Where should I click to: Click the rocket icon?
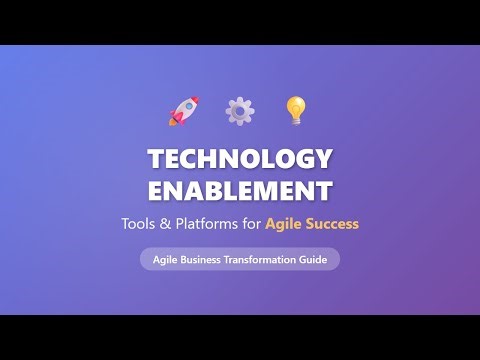point(184,110)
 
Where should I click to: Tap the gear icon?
point(240,110)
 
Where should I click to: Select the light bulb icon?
point(295,109)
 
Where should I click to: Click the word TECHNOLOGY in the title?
point(240,159)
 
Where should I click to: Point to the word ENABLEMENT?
point(240,190)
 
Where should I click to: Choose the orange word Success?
point(333,224)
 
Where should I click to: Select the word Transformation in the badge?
point(265,259)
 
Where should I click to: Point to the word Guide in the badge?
point(314,259)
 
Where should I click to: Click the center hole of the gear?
point(240,110)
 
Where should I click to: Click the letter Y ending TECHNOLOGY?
point(324,159)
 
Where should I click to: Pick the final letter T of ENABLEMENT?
point(325,190)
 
